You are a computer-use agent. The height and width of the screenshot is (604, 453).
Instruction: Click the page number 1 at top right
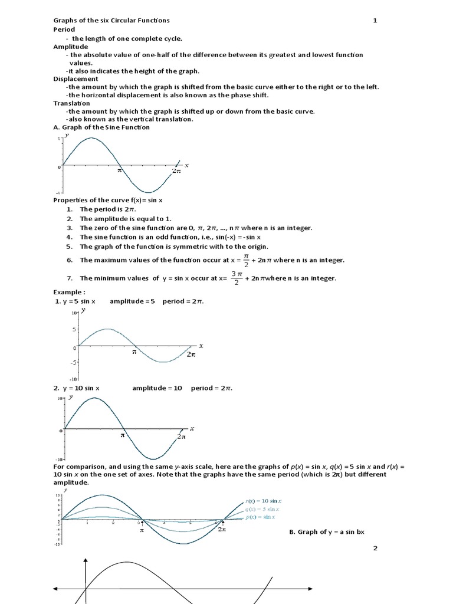click(x=375, y=21)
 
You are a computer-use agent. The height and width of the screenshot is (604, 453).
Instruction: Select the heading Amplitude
click(x=70, y=46)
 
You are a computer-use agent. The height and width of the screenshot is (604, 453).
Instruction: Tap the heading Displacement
click(x=75, y=78)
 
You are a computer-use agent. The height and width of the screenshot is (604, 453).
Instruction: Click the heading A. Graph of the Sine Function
click(x=101, y=127)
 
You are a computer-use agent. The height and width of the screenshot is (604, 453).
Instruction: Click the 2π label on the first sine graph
click(x=176, y=171)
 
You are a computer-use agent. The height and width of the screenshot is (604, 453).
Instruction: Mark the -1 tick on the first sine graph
click(x=58, y=193)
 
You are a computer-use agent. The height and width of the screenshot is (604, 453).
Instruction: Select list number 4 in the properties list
click(x=69, y=237)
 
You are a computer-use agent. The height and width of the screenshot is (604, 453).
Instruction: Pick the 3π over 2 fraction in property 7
click(x=237, y=278)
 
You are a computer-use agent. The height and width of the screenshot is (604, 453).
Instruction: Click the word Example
click(x=69, y=292)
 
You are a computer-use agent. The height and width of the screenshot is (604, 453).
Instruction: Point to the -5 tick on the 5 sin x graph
click(x=73, y=363)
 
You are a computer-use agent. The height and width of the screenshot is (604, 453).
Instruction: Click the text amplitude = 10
click(x=157, y=388)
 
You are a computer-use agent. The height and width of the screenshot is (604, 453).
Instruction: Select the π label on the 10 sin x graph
click(x=123, y=436)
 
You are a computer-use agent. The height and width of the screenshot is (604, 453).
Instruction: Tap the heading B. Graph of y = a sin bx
click(x=327, y=532)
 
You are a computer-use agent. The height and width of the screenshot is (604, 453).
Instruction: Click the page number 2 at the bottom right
click(x=375, y=549)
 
